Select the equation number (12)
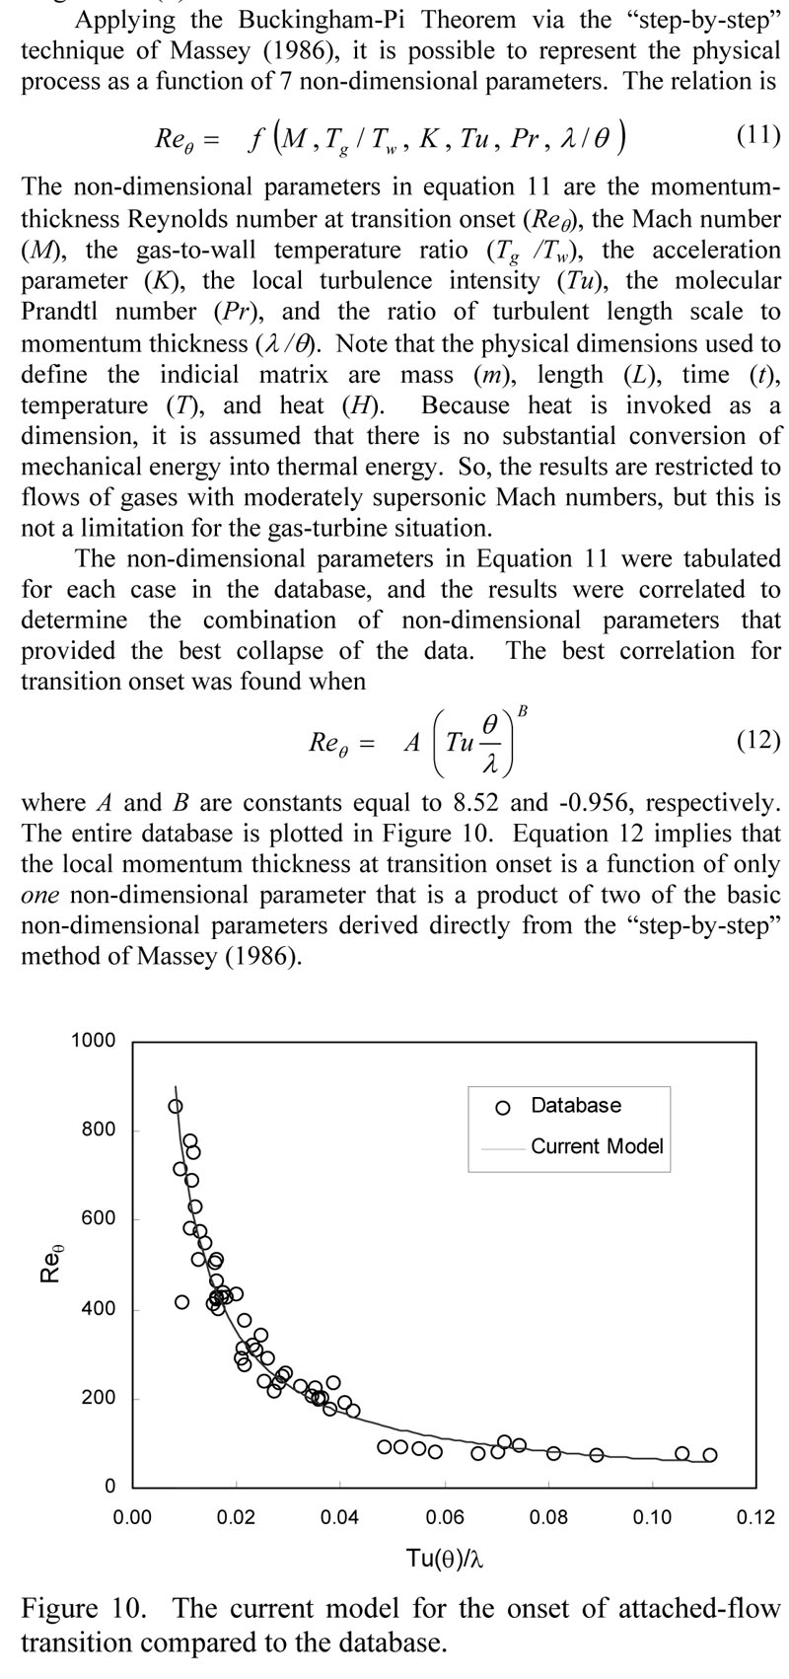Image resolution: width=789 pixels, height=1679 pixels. (x=758, y=739)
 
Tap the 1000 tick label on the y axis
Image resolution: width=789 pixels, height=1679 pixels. (x=94, y=1041)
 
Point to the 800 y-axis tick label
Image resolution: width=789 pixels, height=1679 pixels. (x=99, y=1130)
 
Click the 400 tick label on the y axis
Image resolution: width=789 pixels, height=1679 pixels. (x=99, y=1309)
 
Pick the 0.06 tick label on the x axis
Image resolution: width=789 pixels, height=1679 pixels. (x=445, y=1516)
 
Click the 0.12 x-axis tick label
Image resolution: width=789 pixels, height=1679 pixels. (x=755, y=1516)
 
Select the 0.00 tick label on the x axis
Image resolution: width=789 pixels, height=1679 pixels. (x=132, y=1516)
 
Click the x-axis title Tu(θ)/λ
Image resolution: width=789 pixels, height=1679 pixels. (x=444, y=1559)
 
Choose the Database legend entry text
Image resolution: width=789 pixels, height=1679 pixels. (x=576, y=1105)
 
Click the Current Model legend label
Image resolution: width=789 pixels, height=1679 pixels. (x=597, y=1146)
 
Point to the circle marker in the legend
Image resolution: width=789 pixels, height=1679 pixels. (x=503, y=1107)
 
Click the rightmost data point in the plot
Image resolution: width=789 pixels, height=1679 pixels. (x=710, y=1455)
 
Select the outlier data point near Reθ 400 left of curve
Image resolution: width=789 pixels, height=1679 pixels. (x=182, y=1302)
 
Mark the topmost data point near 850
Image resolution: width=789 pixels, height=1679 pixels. (x=176, y=1107)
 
